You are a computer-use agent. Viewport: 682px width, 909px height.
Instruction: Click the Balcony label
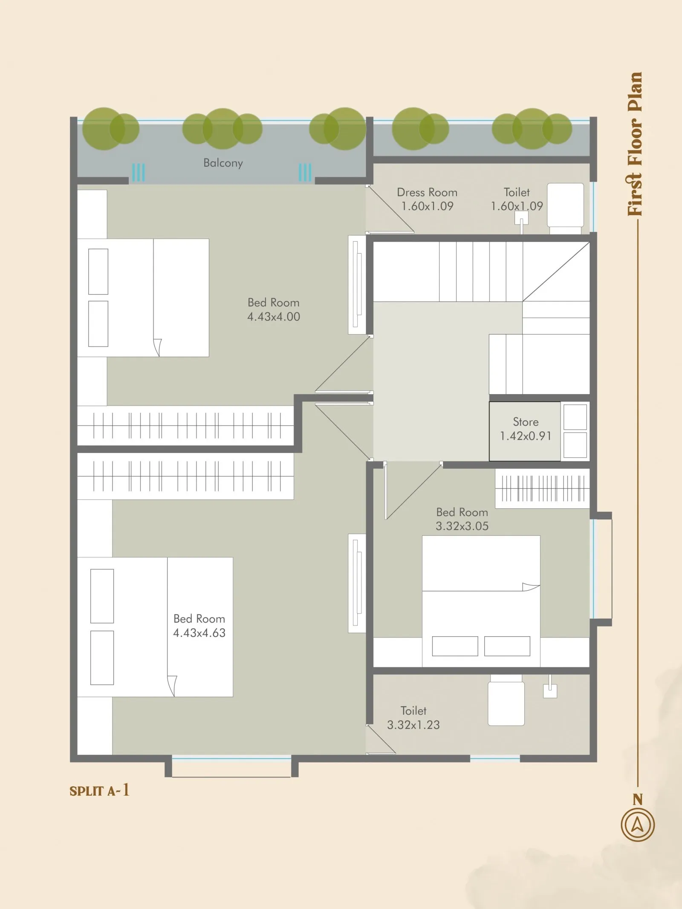(223, 163)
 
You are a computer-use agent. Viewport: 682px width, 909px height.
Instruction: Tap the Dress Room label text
(427, 192)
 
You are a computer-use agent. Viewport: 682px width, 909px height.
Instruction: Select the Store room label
(526, 422)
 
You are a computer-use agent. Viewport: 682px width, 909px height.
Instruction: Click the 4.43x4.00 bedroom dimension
(274, 317)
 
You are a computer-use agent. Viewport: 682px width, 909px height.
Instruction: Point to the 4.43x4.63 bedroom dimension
(199, 633)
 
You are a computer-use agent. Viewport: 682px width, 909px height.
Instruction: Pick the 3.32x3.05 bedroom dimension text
(462, 526)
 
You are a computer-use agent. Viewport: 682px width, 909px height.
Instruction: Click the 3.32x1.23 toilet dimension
(413, 724)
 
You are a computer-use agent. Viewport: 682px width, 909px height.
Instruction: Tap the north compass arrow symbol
(638, 825)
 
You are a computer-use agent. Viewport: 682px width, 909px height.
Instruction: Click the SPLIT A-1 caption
(99, 791)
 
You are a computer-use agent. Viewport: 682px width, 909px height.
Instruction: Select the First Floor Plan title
(635, 144)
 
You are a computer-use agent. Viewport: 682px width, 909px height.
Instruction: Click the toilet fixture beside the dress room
(565, 208)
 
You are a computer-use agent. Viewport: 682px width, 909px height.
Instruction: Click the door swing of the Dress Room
(390, 209)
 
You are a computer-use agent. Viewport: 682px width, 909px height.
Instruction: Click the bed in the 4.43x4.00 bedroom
(143, 297)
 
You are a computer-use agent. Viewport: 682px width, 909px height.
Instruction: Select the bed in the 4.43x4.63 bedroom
(155, 627)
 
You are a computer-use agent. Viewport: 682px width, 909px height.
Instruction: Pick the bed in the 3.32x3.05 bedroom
(481, 601)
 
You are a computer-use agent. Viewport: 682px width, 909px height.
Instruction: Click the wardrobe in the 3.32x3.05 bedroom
(542, 488)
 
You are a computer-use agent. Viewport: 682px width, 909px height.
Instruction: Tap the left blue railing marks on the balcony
(138, 173)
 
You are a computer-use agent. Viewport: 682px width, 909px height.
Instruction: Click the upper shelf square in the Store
(575, 417)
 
